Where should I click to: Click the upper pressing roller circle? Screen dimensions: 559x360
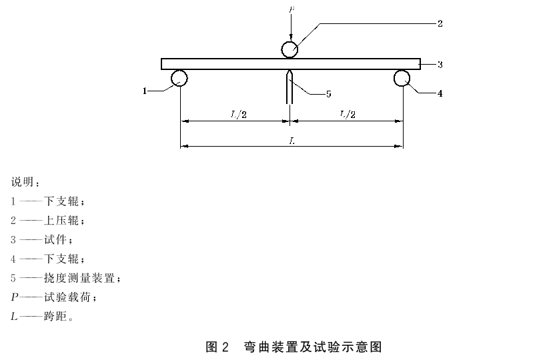tap(290, 43)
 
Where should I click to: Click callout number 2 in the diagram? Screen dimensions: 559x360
tap(440, 23)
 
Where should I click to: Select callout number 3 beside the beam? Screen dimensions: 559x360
tap(440, 65)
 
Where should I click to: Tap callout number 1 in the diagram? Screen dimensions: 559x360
tap(144, 91)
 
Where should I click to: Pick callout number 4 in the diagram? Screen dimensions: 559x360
tap(440, 93)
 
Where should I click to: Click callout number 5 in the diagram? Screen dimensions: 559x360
tap(329, 94)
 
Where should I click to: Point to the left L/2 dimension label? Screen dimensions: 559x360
tap(239, 115)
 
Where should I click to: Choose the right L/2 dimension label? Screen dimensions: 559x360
tap(348, 115)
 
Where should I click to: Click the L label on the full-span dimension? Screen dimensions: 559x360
tap(292, 141)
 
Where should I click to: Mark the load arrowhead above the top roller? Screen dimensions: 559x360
tap(291, 38)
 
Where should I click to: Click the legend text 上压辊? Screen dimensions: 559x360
tap(61, 220)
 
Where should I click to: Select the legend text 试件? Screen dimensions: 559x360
tap(55, 239)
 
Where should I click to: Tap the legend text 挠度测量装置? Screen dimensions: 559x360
tap(79, 278)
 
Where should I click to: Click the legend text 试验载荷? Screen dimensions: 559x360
tap(67, 297)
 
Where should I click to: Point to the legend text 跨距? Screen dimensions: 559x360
tap(55, 316)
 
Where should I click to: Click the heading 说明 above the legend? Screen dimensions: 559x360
tap(23, 182)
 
